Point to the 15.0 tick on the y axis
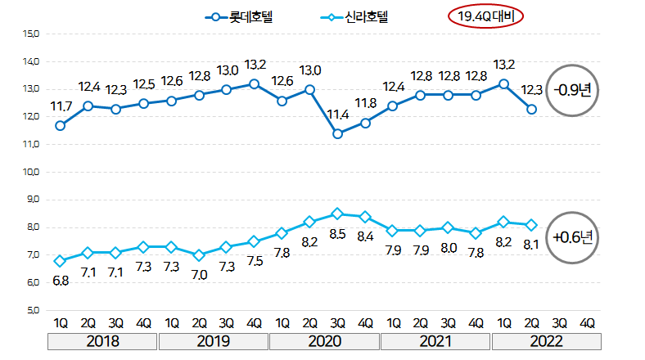coord(33,34)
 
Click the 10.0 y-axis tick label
coord(33,172)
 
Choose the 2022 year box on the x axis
coord(545,340)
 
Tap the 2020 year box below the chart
coord(323,340)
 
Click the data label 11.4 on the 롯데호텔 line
coord(337,115)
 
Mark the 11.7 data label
coord(61,106)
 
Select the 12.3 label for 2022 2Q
coord(531,90)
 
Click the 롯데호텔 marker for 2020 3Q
coord(337,133)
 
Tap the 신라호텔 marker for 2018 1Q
coord(60,261)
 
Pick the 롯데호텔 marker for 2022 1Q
coord(504,83)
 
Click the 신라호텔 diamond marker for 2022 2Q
coord(532,225)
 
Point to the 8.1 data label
coord(533,244)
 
